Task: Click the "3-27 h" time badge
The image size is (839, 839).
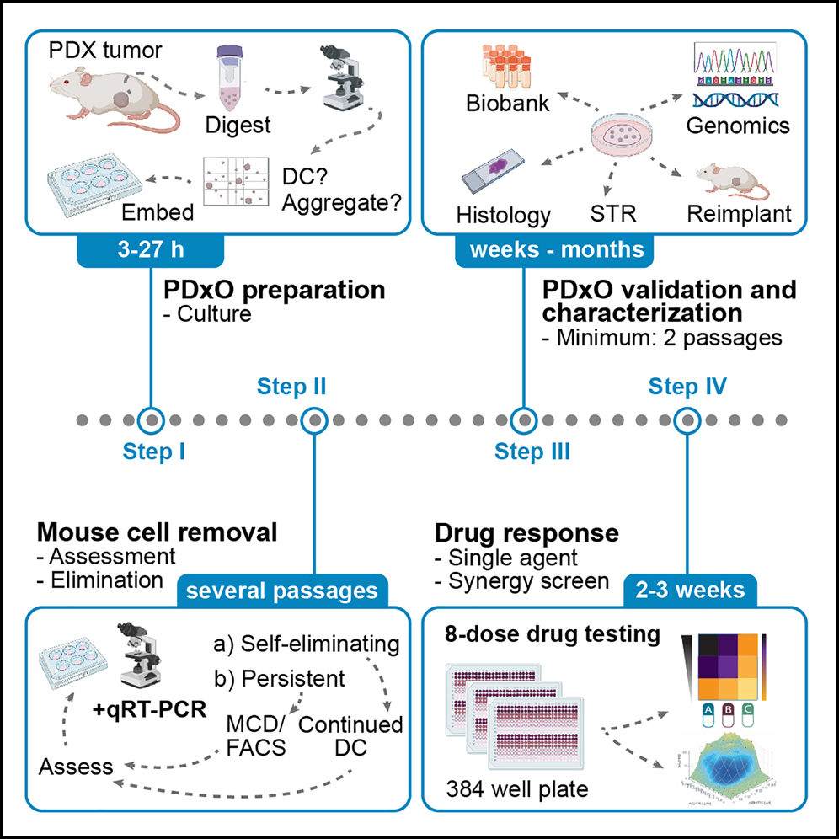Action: (x=150, y=251)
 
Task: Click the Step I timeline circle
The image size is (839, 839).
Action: (x=150, y=419)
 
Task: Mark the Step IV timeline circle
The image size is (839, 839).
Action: (x=687, y=419)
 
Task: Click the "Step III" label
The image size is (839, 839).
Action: (x=532, y=452)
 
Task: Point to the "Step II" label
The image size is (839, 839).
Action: (x=290, y=387)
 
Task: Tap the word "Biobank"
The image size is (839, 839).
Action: (x=508, y=104)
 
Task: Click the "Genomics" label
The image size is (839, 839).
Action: (x=737, y=126)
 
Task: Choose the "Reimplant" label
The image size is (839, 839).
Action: (x=739, y=213)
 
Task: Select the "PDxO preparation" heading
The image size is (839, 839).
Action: (x=273, y=291)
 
